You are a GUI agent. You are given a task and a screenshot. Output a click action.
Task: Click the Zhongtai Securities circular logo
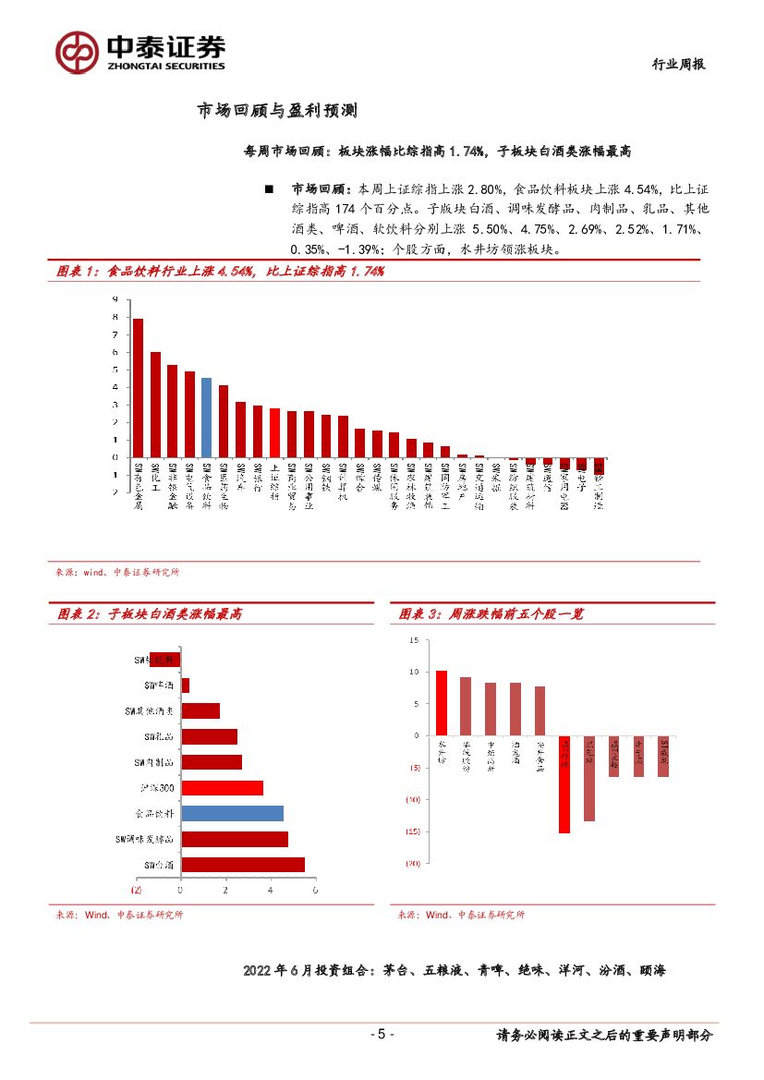pos(77,52)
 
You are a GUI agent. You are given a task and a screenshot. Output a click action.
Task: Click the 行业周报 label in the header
pos(679,64)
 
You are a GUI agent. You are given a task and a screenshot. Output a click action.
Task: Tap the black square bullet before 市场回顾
pos(269,189)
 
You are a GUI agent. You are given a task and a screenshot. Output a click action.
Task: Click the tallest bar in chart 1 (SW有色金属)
pos(138,387)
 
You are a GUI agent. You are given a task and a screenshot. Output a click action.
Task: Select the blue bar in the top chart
pos(206,417)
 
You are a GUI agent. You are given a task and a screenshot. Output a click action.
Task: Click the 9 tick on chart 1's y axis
pos(115,299)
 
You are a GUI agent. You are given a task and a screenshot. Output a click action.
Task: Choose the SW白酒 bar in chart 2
pos(242,865)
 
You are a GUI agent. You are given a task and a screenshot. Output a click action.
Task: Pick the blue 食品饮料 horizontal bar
pos(232,814)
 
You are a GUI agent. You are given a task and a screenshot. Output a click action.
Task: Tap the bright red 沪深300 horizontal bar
pos(222,788)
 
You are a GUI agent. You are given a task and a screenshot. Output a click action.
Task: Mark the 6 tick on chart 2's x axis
pos(315,890)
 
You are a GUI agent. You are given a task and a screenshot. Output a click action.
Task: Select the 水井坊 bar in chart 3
pos(442,702)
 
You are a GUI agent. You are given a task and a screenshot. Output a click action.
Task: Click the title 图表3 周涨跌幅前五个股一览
pos(491,613)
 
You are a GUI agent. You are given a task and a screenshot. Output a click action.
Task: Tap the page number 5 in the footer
pos(382,1034)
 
